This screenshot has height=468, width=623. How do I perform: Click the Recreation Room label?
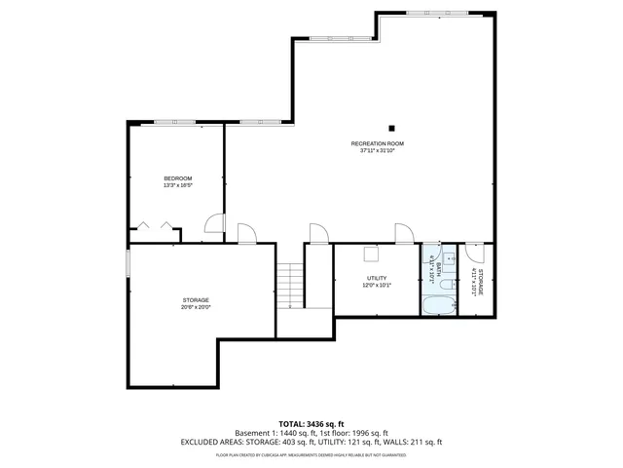point(378,143)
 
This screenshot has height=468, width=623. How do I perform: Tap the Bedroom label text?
point(177,177)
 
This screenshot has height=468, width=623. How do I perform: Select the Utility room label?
point(377,278)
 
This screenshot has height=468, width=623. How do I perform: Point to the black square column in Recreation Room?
point(392,127)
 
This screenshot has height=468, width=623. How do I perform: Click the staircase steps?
point(289,288)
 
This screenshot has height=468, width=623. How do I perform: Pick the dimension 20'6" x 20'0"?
point(196,307)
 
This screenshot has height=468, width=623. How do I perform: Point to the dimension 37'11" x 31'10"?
point(378,151)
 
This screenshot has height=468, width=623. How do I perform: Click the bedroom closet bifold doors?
point(157,226)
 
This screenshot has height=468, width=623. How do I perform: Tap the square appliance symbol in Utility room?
point(370,253)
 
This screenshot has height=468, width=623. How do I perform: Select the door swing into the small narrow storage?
point(472,251)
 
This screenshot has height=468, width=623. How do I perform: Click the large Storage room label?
point(196,299)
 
